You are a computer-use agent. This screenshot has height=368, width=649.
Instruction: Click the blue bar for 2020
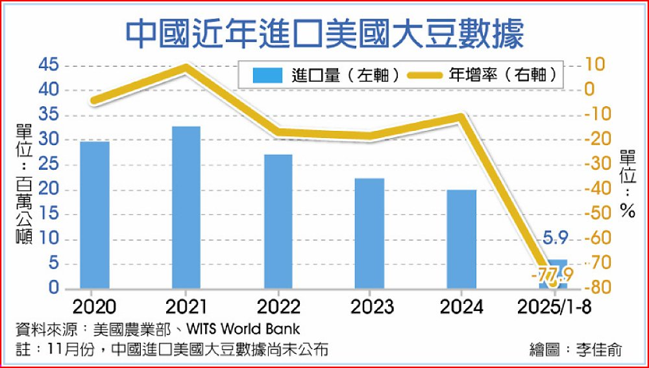pyautogui.click(x=95, y=214)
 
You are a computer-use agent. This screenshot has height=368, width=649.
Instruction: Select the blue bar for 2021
pyautogui.click(x=186, y=207)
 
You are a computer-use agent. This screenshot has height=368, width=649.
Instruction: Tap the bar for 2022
pyautogui.click(x=278, y=221)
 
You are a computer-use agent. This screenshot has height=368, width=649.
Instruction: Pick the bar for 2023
pyautogui.click(x=370, y=233)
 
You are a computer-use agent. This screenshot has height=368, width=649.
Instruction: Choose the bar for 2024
pyautogui.click(x=461, y=239)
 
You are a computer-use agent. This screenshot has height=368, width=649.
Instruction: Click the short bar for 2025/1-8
pyautogui.click(x=553, y=275)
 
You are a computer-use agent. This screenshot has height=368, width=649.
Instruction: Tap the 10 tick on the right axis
pyautogui.click(x=596, y=64)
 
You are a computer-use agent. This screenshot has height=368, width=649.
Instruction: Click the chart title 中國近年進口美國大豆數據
pyautogui.click(x=324, y=32)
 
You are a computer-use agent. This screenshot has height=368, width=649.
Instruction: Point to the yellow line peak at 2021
pyautogui.click(x=186, y=67)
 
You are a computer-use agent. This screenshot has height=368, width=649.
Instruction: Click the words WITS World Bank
pyautogui.click(x=251, y=328)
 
